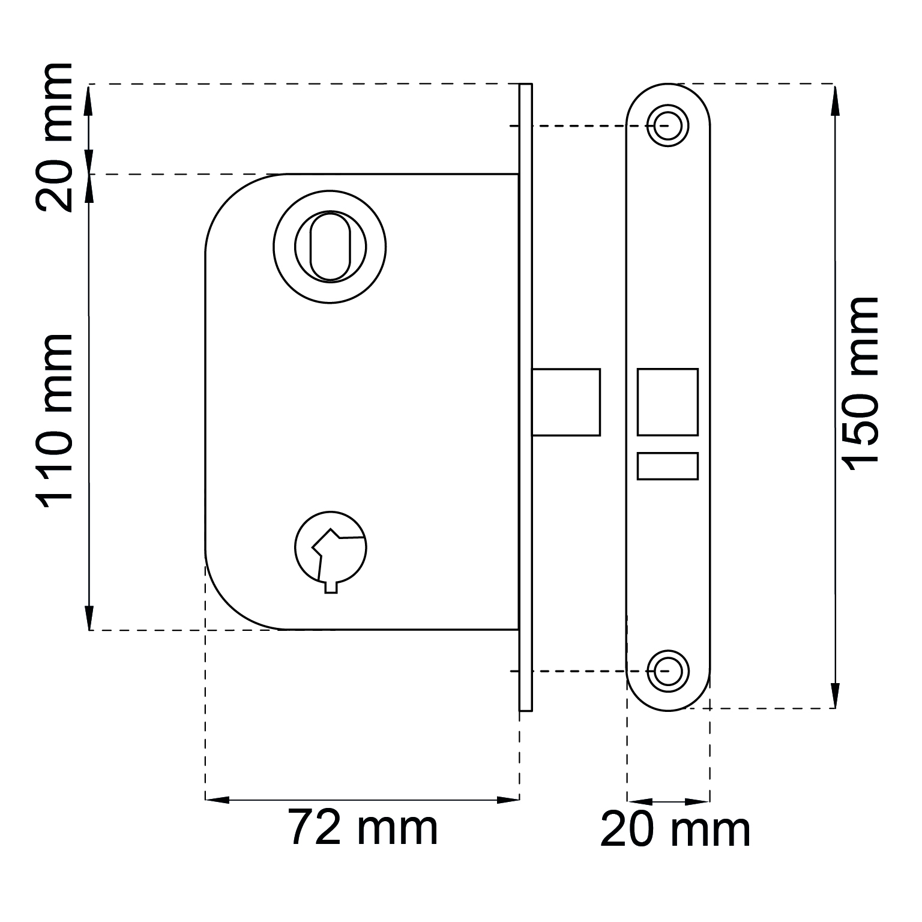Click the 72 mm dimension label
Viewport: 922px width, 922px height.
point(364,828)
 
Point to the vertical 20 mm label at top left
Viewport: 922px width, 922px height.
point(55,137)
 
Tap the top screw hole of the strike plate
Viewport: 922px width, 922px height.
point(668,125)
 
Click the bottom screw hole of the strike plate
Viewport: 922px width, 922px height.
point(668,670)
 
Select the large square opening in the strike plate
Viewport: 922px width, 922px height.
point(667,402)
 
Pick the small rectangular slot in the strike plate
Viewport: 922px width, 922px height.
point(667,466)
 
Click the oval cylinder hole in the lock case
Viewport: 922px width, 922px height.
point(330,246)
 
